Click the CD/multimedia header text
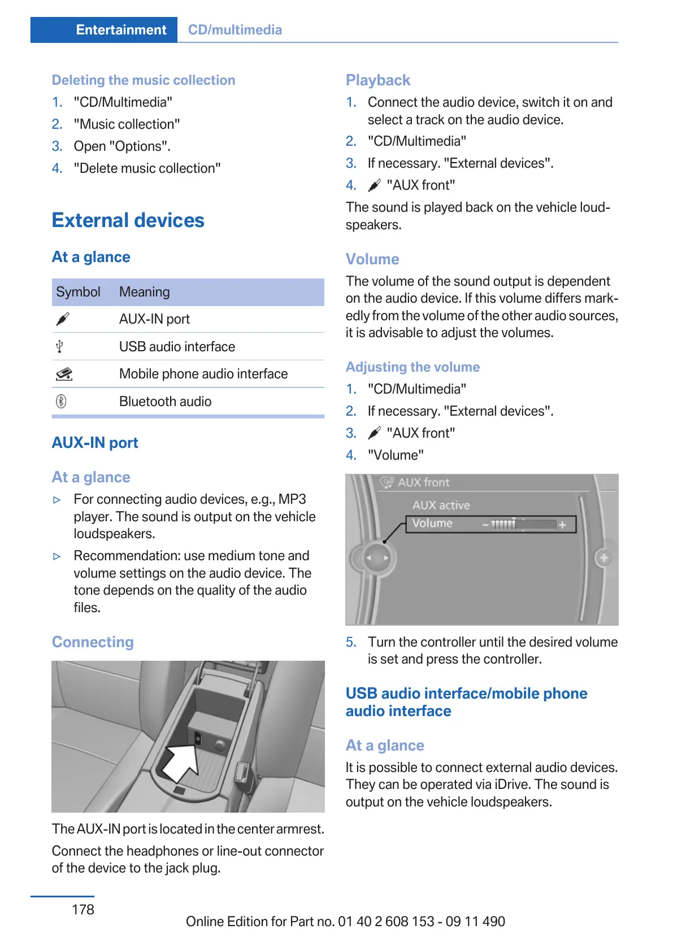click(x=235, y=30)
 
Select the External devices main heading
click(x=128, y=220)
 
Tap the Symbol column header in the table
click(x=78, y=292)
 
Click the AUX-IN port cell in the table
click(x=154, y=319)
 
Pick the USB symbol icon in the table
click(x=60, y=347)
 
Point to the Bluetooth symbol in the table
click(x=61, y=402)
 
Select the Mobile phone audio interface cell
click(x=203, y=374)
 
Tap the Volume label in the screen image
click(x=432, y=524)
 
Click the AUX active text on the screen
click(x=441, y=505)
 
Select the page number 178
click(x=83, y=909)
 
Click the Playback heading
click(x=378, y=80)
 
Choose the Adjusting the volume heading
click(x=413, y=367)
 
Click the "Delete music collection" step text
click(x=147, y=168)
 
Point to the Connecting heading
click(x=93, y=642)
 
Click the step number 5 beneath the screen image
click(x=351, y=642)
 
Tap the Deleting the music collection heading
click(x=144, y=80)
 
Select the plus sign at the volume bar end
click(x=562, y=525)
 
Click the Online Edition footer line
click(x=345, y=922)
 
